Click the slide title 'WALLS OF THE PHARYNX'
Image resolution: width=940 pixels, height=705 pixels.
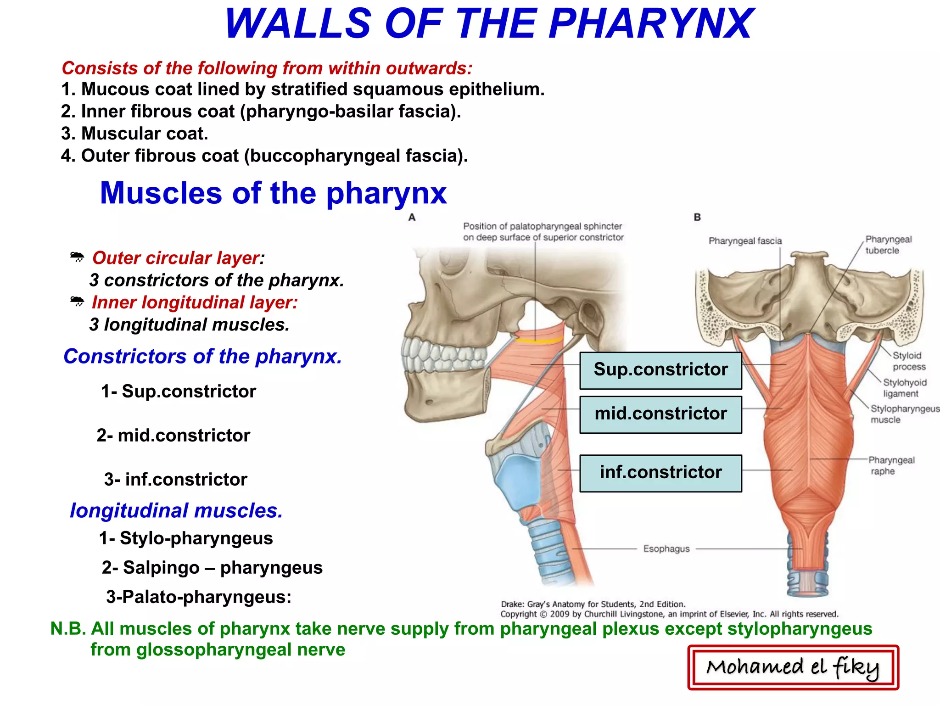click(488, 24)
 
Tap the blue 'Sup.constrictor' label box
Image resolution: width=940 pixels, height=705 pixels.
click(660, 370)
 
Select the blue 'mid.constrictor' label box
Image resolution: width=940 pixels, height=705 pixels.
click(660, 414)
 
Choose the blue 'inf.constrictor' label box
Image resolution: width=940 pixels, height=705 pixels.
click(660, 473)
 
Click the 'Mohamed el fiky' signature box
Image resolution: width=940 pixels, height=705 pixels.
click(793, 667)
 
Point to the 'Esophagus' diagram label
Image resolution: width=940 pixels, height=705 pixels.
click(666, 549)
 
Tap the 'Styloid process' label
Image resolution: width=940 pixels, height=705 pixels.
click(908, 361)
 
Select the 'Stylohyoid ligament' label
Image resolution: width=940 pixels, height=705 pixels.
click(905, 388)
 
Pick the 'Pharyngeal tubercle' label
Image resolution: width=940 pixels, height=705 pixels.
click(888, 245)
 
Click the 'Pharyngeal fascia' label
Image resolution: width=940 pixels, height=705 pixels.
click(745, 241)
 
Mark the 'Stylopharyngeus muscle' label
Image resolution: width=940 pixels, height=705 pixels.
click(904, 414)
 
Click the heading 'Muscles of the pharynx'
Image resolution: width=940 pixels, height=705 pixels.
click(273, 193)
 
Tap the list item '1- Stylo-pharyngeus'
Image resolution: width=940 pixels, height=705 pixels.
click(186, 538)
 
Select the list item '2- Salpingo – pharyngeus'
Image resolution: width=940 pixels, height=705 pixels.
click(212, 568)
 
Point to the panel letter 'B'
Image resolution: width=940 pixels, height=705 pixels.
click(697, 217)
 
